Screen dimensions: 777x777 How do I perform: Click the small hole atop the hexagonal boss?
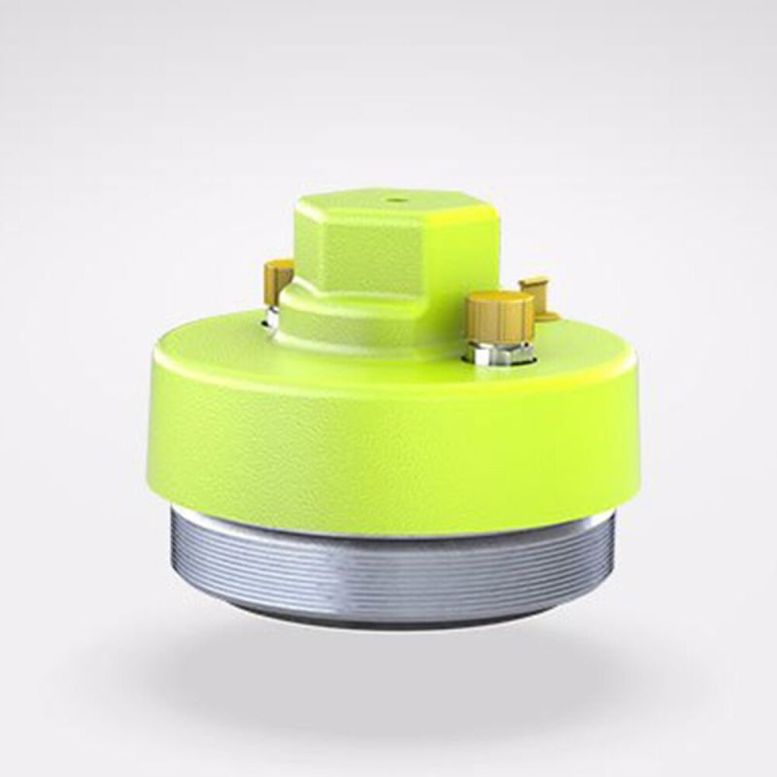pyautogui.click(x=395, y=202)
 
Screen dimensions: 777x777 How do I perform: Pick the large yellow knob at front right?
pyautogui.click(x=499, y=316)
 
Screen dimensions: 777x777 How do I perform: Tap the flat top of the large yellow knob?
pyautogui.click(x=499, y=299)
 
